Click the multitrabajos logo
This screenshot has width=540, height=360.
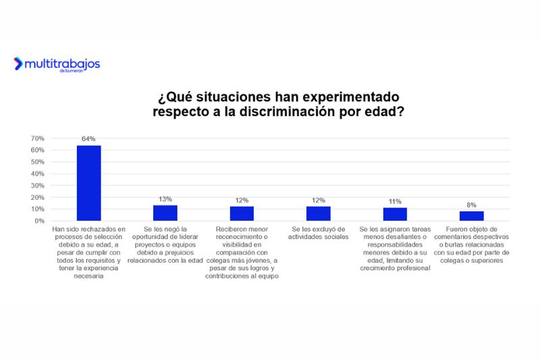(57, 64)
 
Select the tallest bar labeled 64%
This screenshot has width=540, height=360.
(88, 183)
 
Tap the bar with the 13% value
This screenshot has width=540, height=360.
(165, 213)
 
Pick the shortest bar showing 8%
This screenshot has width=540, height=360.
(472, 216)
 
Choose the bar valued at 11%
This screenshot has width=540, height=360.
(395, 214)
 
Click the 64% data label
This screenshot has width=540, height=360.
(88, 139)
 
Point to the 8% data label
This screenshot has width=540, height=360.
(472, 205)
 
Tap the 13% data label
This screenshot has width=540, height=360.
(165, 199)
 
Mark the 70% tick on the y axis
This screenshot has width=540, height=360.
(38, 138)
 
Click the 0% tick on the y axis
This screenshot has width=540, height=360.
(40, 221)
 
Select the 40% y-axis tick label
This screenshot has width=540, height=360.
(38, 174)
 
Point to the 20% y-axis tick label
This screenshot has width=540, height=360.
(38, 197)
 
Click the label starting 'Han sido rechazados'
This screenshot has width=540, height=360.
(88, 249)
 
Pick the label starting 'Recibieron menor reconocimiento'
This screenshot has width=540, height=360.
(242, 253)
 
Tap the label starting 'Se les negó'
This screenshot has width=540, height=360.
(165, 245)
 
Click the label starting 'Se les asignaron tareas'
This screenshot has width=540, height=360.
(395, 249)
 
